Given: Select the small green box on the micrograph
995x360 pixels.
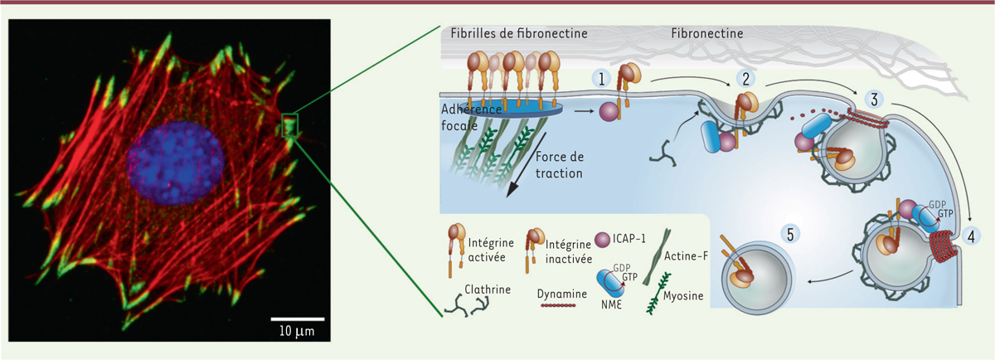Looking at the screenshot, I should pyautogui.click(x=289, y=125).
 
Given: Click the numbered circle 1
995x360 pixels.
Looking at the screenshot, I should pyautogui.click(x=601, y=78).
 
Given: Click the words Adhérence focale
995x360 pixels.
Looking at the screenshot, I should pyautogui.click(x=475, y=121).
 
